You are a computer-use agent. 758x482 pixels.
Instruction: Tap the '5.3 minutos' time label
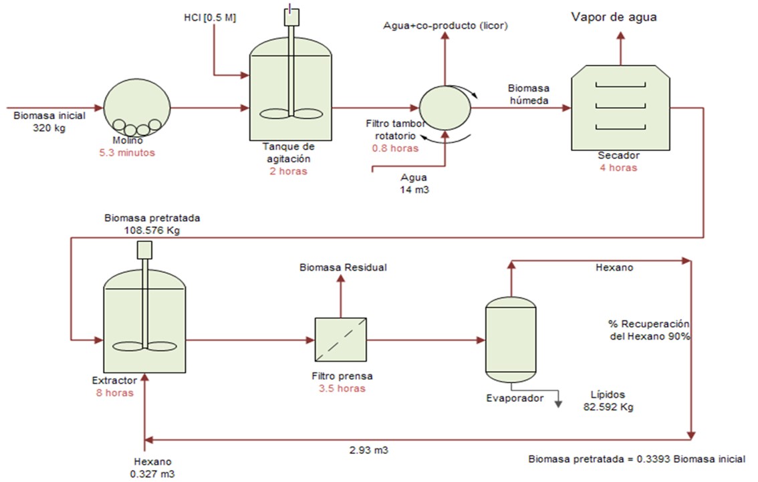132,152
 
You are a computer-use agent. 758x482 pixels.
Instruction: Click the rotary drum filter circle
445,106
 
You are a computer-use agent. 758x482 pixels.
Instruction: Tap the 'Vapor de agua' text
613,17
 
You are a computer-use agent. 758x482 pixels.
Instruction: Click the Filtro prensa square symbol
340,340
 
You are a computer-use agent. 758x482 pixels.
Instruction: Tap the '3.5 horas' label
342,388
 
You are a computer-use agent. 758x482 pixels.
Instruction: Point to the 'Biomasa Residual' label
343,267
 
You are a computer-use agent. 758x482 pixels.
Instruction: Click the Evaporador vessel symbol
510,338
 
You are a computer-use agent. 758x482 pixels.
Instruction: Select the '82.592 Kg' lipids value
608,406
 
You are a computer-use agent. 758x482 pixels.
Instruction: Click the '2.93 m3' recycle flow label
368,451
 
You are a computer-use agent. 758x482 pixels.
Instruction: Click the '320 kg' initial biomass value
49,128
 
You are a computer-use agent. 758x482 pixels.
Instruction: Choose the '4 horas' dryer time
618,168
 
